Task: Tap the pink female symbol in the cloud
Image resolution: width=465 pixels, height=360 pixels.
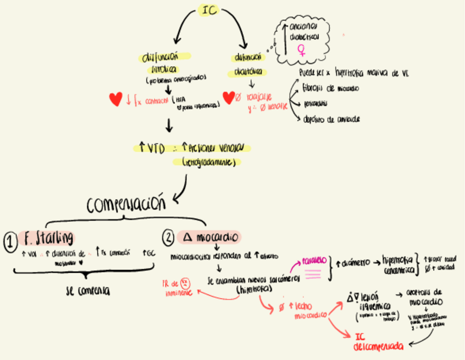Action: point(301,50)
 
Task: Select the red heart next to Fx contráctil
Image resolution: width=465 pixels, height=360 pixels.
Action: point(116,99)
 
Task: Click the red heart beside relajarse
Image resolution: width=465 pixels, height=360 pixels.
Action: point(229,98)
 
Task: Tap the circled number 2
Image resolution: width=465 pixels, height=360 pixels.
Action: point(169,238)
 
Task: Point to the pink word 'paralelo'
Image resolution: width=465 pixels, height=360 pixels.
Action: point(314,261)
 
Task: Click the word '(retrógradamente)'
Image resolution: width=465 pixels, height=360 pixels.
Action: point(212,162)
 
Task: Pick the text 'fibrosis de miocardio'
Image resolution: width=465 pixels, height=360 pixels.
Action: point(331,88)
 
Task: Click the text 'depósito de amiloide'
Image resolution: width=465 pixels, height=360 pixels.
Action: point(331,119)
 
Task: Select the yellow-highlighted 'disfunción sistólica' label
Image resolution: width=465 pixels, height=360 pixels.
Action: point(165,63)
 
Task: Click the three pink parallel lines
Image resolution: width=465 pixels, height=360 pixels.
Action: point(313,273)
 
